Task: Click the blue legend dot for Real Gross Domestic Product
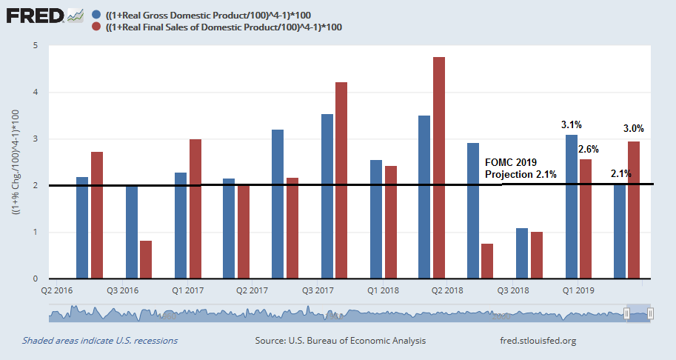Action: coord(98,14)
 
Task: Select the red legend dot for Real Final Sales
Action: coord(98,27)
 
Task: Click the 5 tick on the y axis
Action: coord(35,46)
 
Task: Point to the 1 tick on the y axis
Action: coord(35,233)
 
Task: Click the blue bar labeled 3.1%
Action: coord(572,207)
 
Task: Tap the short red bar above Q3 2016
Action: coord(146,259)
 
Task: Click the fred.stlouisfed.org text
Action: coord(538,341)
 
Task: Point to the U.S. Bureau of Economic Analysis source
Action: coord(341,341)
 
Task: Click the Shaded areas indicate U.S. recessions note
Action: coord(100,341)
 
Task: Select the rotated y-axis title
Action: coord(16,162)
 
